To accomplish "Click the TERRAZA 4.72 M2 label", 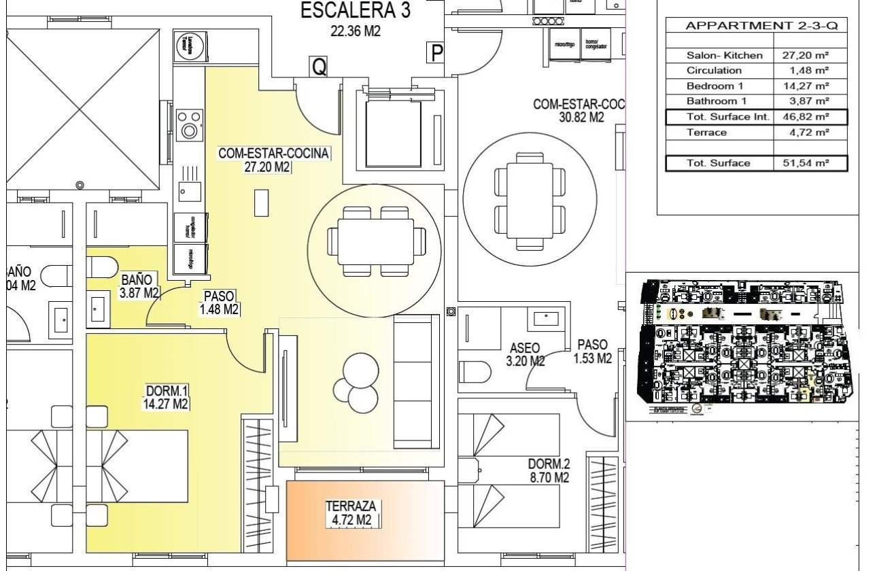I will (x=351, y=513).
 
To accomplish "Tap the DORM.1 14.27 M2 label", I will (x=167, y=397).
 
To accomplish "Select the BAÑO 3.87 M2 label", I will (x=138, y=286).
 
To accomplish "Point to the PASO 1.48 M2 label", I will (x=219, y=303).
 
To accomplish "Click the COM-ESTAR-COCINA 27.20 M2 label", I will (x=273, y=160).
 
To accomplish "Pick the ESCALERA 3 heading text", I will (x=355, y=12).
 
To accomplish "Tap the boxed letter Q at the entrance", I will (x=318, y=66).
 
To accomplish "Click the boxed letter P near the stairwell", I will (x=436, y=52).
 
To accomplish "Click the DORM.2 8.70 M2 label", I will (x=548, y=471).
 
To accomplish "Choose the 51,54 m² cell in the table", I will (x=810, y=163).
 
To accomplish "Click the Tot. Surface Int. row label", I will (x=719, y=117).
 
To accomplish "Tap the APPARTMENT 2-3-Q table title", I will (x=756, y=26).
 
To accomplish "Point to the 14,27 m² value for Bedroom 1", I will (x=810, y=86).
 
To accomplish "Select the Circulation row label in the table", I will (x=714, y=71).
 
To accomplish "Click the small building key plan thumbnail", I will (x=744, y=344).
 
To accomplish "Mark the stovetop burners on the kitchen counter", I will (x=188, y=124).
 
